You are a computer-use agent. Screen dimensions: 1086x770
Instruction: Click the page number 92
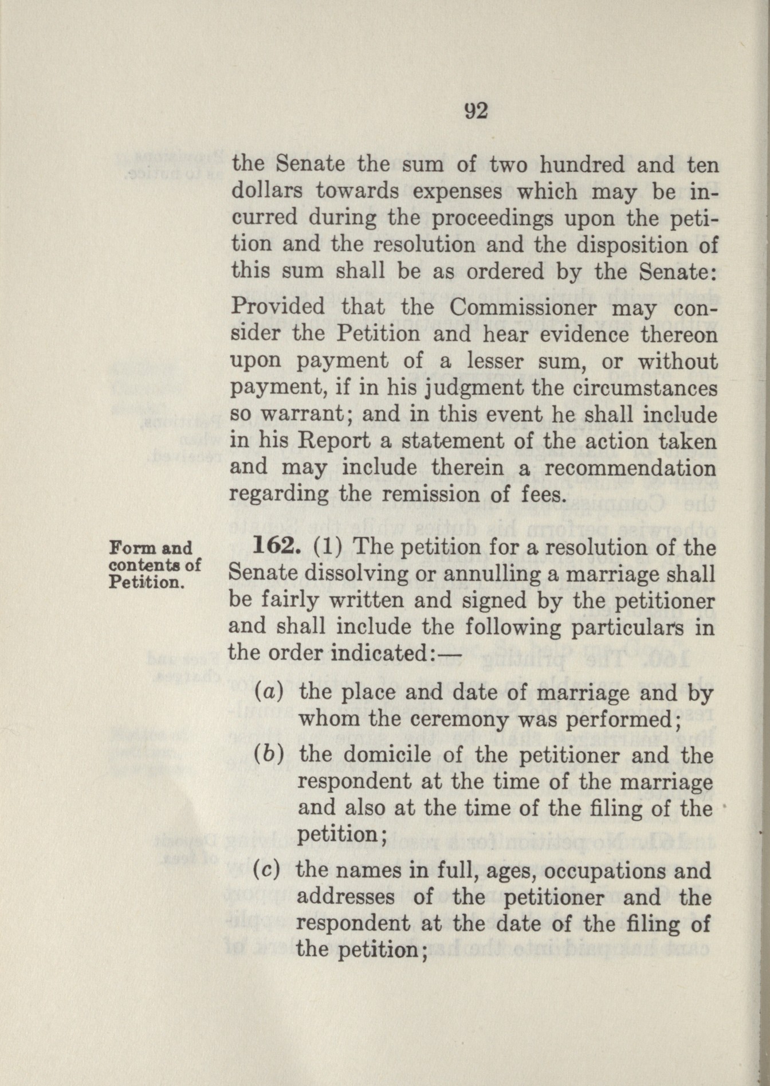coord(476,111)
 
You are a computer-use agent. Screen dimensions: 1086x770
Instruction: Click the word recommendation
coord(630,468)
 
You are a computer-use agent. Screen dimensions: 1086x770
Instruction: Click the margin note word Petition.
coord(146,583)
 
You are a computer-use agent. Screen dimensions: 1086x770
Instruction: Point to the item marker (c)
coord(266,871)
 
